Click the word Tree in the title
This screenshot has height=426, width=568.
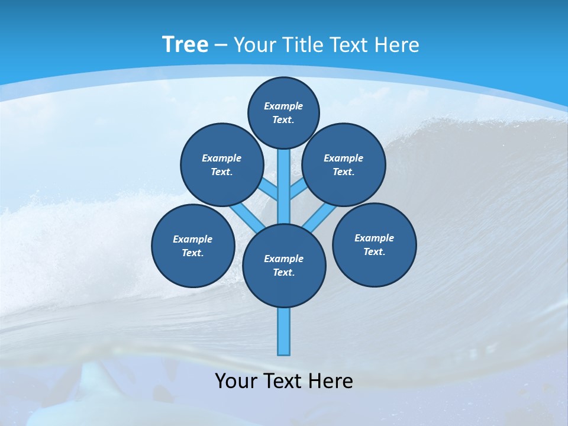tap(185, 44)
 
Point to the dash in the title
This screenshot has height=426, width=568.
tap(221, 46)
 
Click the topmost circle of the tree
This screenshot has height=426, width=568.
tap(283, 112)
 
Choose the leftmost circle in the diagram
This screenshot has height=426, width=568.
tap(193, 246)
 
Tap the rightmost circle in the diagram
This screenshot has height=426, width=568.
tap(374, 244)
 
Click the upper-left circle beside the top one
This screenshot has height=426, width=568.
tap(221, 164)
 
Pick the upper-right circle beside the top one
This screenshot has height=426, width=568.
tap(343, 164)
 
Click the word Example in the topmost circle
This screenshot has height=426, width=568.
tap(283, 106)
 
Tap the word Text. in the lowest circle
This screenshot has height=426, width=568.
tap(283, 272)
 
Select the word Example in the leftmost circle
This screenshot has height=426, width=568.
tap(192, 239)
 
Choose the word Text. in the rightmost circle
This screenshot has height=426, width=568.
tap(374, 251)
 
